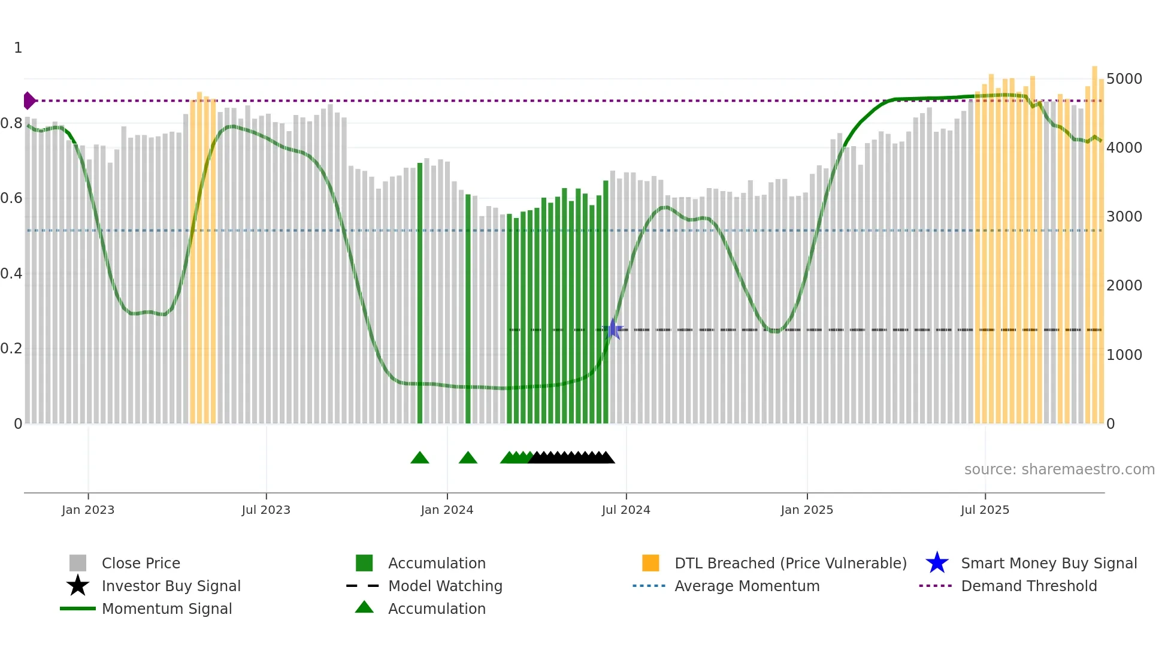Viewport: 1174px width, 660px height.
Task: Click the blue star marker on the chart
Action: tap(613, 329)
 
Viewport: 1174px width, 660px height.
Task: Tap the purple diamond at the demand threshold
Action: tap(29, 101)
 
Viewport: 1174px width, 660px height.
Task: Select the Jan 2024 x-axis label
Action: tap(447, 510)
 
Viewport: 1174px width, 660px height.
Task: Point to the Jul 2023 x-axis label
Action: tap(266, 510)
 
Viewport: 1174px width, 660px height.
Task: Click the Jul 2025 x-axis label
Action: tap(985, 510)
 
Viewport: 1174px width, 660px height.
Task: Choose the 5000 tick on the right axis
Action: tap(1124, 79)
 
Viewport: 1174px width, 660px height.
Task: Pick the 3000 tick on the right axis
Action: tap(1124, 217)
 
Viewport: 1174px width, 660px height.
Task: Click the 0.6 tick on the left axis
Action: tap(11, 198)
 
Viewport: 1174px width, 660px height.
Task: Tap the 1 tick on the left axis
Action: tap(18, 48)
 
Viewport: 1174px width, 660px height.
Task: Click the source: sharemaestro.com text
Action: tap(1059, 470)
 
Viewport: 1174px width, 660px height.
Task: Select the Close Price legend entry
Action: tap(141, 564)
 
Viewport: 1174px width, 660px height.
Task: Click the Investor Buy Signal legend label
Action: tap(171, 586)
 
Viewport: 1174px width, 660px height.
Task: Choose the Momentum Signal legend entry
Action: tap(167, 609)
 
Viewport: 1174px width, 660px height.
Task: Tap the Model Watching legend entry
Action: tap(445, 586)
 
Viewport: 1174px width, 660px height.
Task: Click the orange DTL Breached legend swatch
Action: tap(650, 563)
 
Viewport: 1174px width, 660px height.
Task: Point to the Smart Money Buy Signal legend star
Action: tap(937, 563)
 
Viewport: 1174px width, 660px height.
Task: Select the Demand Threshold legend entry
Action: tap(1028, 586)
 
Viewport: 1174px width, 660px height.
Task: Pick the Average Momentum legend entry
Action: tap(747, 586)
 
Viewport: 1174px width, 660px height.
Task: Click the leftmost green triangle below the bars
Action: tap(420, 458)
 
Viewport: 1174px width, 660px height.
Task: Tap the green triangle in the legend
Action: tap(364, 607)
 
